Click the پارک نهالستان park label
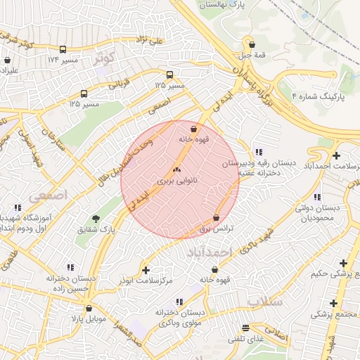224,5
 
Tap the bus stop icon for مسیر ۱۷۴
63,50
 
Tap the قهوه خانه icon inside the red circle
193,128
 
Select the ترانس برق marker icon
216,218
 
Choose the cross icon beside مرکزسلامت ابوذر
146,270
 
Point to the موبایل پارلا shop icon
89,308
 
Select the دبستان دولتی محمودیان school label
316,213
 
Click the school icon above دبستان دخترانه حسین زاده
70,267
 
